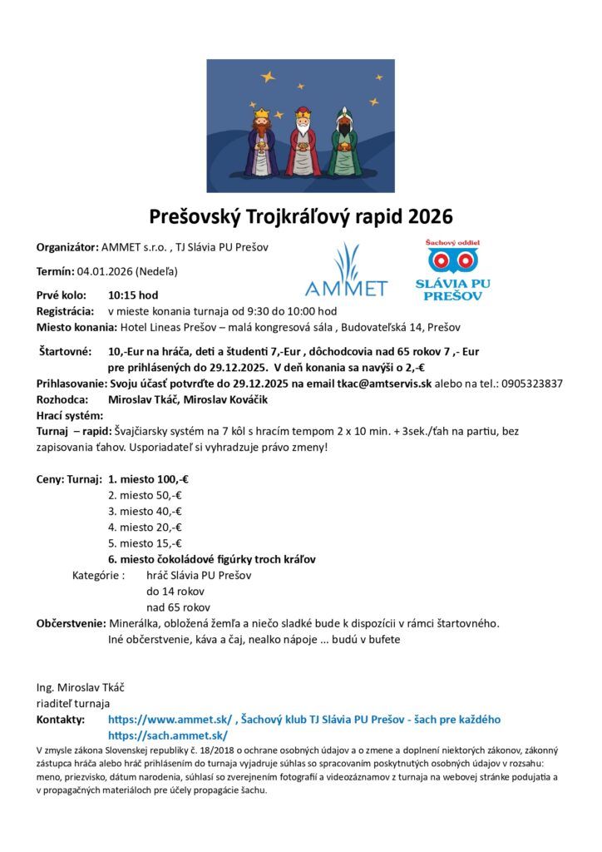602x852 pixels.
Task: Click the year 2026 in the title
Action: [429, 217]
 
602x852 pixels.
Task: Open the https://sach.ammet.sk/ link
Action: [167, 736]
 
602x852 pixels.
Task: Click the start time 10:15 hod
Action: [133, 295]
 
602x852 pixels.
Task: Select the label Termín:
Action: [55, 271]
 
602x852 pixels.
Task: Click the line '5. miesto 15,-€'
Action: [145, 543]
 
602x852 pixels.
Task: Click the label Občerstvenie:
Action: [71, 623]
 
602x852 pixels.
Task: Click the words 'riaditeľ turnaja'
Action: [73, 703]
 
